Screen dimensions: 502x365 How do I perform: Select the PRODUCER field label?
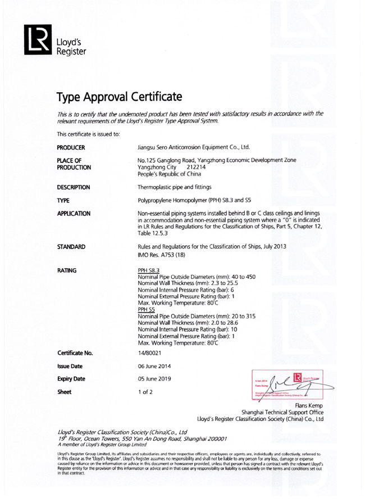[x=71, y=148]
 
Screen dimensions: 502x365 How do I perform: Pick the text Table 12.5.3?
[x=153, y=233]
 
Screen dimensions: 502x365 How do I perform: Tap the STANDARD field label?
[x=71, y=246]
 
